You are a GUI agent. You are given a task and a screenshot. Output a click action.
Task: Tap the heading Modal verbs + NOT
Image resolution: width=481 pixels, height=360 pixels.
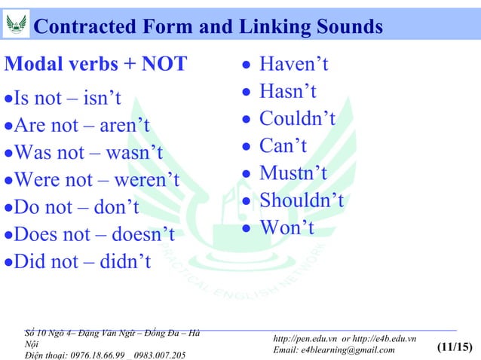[96, 65]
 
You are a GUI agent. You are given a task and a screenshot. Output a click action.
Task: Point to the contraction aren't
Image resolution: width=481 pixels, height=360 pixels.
[122, 125]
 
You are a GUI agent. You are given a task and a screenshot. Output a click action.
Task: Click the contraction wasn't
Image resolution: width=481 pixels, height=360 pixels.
[129, 152]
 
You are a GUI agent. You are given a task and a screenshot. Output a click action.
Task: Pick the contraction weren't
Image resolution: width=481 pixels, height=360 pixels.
[142, 180]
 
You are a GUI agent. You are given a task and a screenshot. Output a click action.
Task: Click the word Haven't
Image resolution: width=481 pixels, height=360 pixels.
[294, 65]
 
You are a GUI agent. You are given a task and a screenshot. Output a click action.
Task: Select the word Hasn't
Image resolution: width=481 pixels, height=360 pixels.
[288, 92]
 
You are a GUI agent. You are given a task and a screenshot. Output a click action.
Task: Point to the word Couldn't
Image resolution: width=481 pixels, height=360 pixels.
[297, 119]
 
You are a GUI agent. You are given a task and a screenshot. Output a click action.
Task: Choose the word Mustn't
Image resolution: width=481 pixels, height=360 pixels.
[293, 173]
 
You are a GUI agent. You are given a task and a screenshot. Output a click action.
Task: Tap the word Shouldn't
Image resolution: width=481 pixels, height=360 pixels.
[302, 200]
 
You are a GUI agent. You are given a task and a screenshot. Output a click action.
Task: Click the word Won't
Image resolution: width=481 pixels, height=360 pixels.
[286, 227]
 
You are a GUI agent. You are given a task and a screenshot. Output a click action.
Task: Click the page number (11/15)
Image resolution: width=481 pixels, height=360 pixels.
[454, 348]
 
